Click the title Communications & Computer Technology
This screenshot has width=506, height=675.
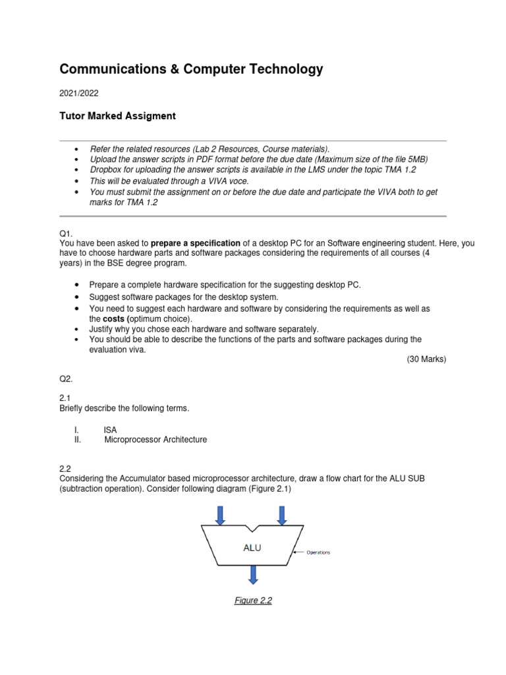[x=191, y=69]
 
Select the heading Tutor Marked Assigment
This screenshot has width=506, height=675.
[x=118, y=116]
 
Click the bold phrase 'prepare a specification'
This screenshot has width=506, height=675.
[x=196, y=243]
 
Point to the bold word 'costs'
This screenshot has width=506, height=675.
[x=116, y=318]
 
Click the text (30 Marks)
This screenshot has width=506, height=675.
[x=426, y=359]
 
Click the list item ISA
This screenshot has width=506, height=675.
[x=110, y=429]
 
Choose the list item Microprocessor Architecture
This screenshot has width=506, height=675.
[x=155, y=440]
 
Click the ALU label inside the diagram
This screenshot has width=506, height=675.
[x=252, y=547]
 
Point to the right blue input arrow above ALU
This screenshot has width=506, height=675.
[x=283, y=515]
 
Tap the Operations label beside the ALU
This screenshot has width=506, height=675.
[x=318, y=552]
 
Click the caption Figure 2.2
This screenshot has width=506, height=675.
[x=254, y=601]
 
